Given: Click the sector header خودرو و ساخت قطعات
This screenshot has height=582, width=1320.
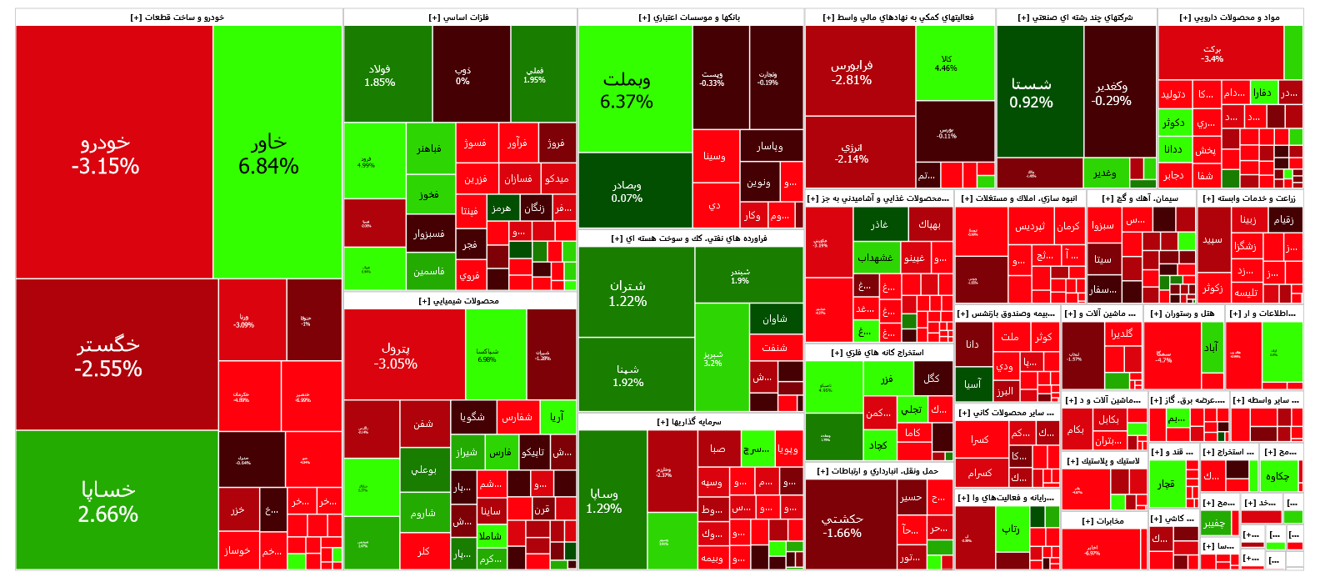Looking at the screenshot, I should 177,18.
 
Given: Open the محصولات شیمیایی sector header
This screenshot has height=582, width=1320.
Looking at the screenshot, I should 459,301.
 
